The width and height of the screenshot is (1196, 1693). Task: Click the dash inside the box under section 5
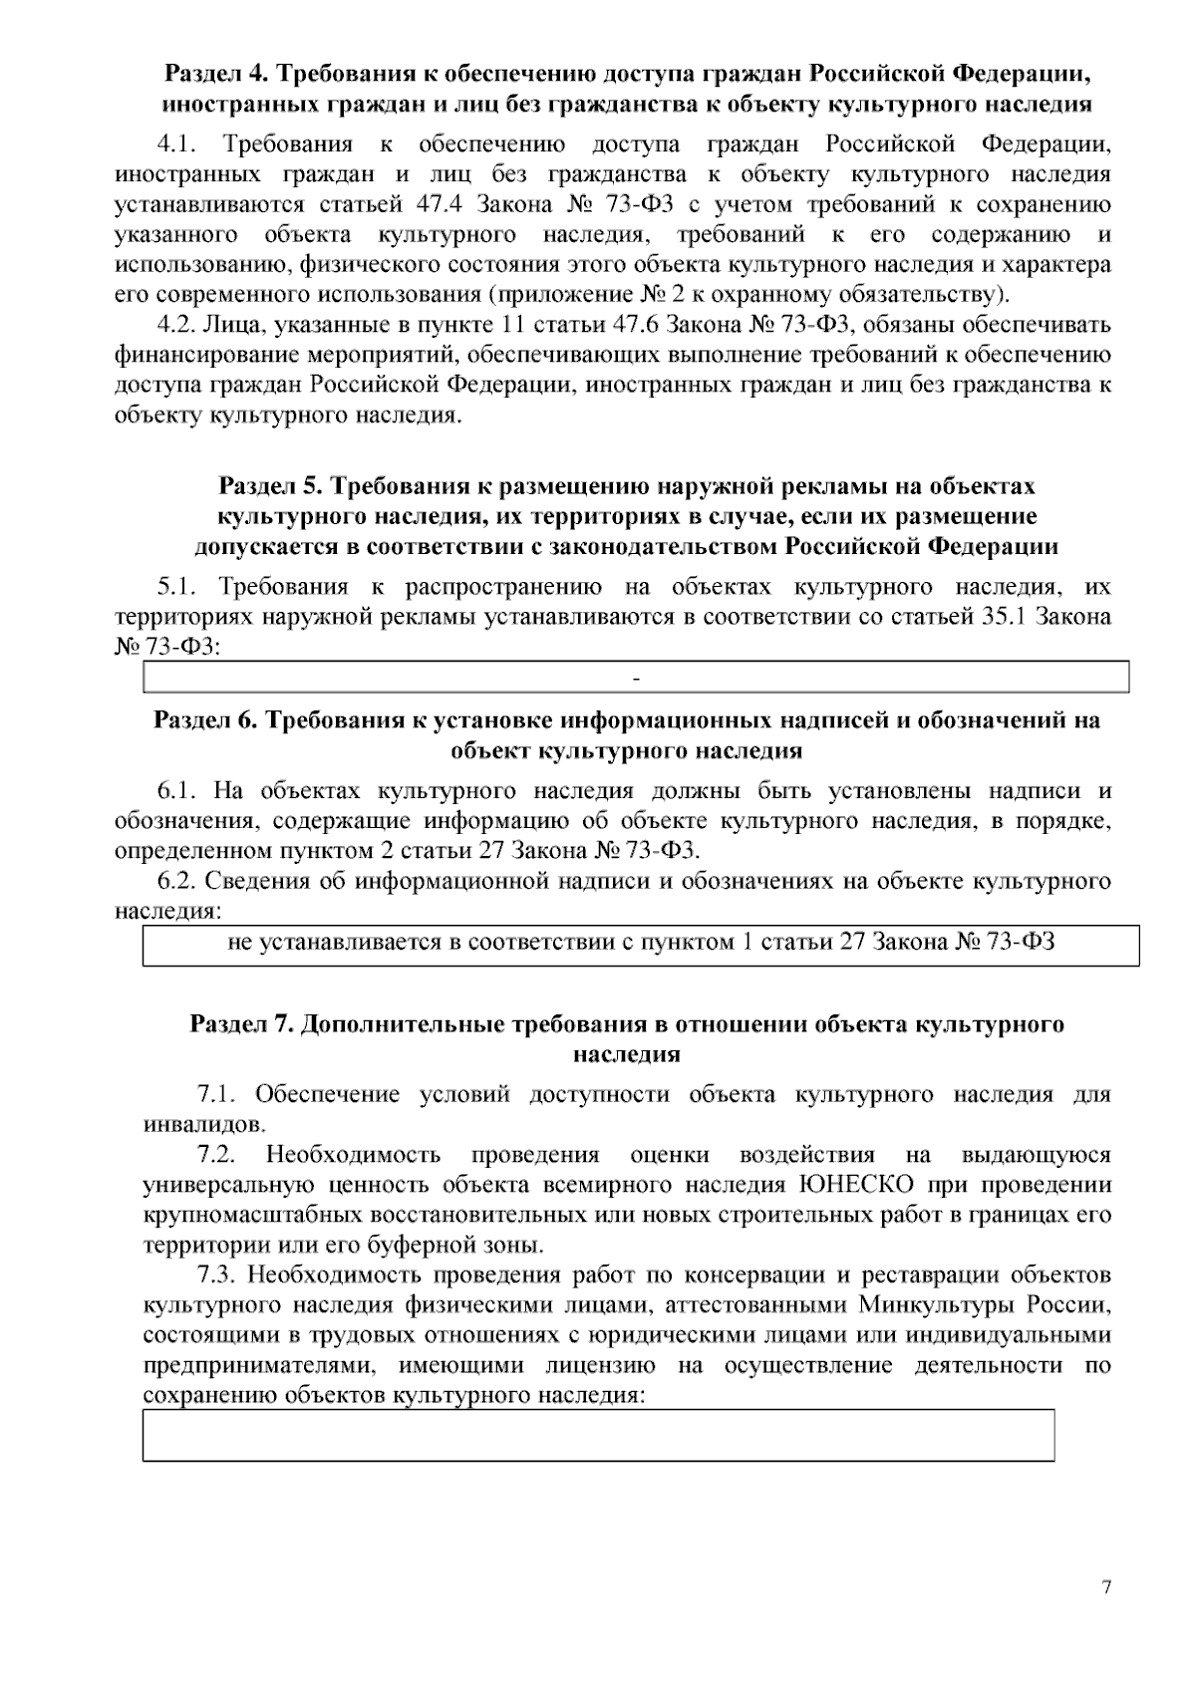[636, 679]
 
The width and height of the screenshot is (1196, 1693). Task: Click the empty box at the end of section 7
[598, 1435]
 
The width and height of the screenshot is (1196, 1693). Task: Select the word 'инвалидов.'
[191, 1125]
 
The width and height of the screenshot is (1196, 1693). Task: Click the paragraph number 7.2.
[215, 1155]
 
